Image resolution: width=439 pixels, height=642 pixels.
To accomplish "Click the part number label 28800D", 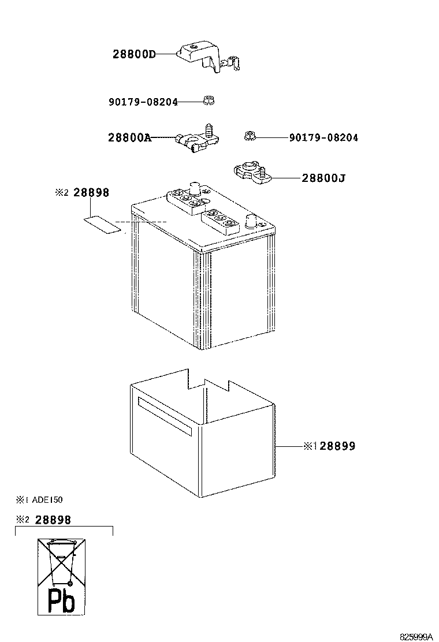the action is click(134, 54).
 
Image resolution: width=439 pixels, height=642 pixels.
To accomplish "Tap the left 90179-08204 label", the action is click(143, 102).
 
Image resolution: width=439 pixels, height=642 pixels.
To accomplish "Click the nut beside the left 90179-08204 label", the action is click(209, 100).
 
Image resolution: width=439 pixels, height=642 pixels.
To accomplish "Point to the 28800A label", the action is click(129, 137).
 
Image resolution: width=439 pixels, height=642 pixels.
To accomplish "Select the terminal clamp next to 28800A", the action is click(198, 139).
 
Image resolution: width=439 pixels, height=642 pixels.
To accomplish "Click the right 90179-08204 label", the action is click(323, 137).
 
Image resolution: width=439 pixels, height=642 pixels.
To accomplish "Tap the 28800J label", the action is click(323, 178).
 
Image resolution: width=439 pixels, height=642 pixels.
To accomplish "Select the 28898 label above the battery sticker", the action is click(91, 192).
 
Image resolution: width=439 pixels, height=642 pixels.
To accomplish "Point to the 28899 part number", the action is click(337, 446).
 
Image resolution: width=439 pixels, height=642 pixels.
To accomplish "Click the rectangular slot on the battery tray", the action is click(165, 416).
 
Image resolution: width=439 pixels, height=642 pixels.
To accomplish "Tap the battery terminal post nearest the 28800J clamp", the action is click(250, 221).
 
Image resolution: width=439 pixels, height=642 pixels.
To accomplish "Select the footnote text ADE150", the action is click(47, 499).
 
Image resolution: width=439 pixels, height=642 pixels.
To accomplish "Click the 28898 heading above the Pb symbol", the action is click(53, 520).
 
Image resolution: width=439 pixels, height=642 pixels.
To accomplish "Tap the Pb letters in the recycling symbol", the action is click(61, 600).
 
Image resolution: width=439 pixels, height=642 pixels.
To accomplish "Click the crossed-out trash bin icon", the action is click(61, 562).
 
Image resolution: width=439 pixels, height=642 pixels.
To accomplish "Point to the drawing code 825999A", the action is click(416, 637).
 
